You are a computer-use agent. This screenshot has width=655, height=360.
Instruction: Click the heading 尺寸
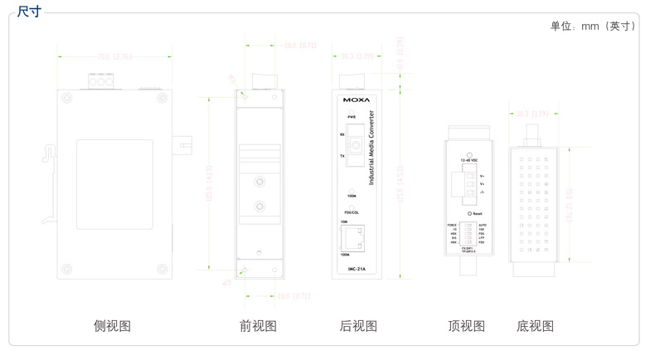28,11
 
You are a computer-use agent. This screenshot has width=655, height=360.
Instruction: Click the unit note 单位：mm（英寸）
594,26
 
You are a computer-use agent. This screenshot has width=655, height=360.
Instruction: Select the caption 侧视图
112,326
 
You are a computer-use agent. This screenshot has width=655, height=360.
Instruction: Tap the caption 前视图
258,326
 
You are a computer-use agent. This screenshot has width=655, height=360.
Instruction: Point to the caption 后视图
358,326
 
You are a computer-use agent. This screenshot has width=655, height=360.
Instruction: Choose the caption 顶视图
466,326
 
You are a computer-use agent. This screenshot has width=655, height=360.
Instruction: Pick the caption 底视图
535,326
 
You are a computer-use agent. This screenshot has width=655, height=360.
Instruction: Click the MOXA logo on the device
357,100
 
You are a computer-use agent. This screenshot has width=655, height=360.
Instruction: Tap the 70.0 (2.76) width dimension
114,56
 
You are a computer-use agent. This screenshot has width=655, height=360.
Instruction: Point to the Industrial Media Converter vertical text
371,148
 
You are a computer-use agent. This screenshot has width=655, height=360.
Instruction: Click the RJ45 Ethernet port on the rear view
354,238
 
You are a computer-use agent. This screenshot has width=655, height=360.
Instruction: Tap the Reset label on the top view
477,213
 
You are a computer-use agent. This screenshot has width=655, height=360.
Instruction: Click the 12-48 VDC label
469,160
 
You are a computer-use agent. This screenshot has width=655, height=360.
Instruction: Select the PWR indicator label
352,117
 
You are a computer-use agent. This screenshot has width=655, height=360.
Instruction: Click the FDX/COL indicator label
352,212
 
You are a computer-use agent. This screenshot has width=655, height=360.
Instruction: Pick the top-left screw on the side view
66,98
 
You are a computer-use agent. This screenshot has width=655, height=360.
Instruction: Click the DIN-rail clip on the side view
50,154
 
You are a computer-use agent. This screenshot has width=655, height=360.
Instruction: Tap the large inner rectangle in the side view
114,184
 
